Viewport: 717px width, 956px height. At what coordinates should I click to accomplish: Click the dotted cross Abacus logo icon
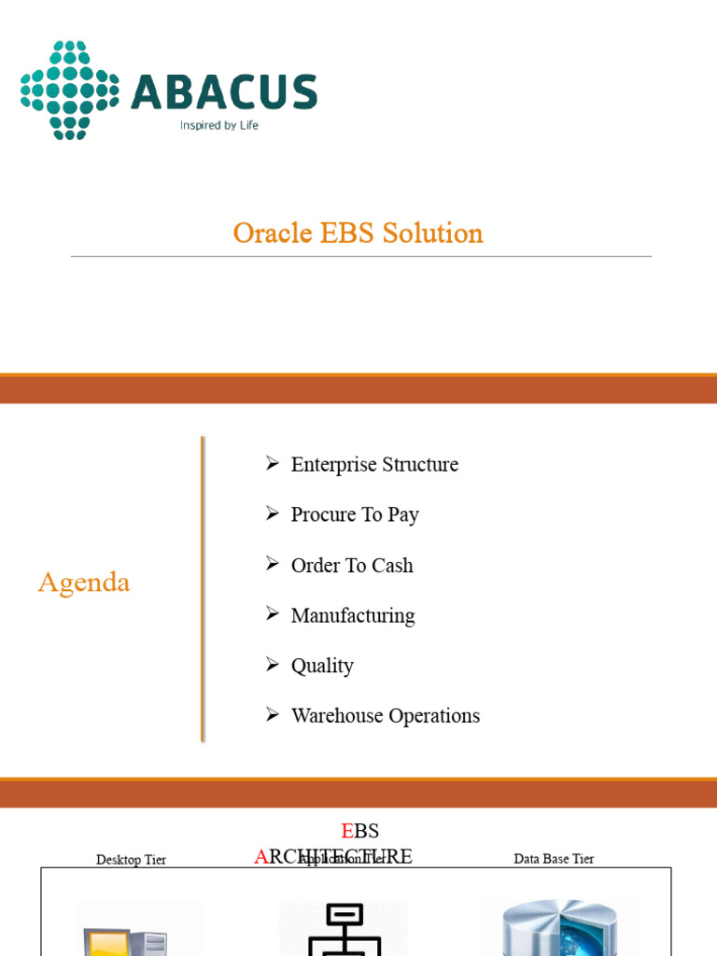(x=69, y=91)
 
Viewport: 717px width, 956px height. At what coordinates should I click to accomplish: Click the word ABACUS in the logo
(x=224, y=93)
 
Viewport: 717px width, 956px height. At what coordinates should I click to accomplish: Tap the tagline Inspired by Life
(x=219, y=125)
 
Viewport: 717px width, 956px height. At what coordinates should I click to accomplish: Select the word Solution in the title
(x=438, y=232)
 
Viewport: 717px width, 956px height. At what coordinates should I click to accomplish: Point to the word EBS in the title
(x=354, y=232)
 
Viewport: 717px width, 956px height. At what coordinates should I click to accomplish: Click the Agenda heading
(x=84, y=583)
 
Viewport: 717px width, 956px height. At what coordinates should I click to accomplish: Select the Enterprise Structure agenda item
(x=374, y=465)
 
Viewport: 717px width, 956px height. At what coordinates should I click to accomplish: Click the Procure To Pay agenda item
(x=355, y=514)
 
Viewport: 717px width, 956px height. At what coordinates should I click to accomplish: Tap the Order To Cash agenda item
(x=352, y=565)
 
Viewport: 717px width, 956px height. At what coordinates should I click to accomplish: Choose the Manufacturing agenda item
(x=353, y=615)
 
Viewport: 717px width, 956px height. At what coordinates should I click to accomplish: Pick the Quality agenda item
(x=322, y=666)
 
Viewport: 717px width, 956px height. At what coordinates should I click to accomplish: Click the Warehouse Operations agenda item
(x=386, y=716)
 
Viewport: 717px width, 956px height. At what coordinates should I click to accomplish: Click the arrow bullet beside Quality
(x=273, y=665)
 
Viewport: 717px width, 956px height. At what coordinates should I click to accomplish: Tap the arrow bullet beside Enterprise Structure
(x=273, y=463)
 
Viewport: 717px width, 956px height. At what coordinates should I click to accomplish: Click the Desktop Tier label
(x=131, y=860)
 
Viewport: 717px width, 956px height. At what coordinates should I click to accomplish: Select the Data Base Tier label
(x=554, y=859)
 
